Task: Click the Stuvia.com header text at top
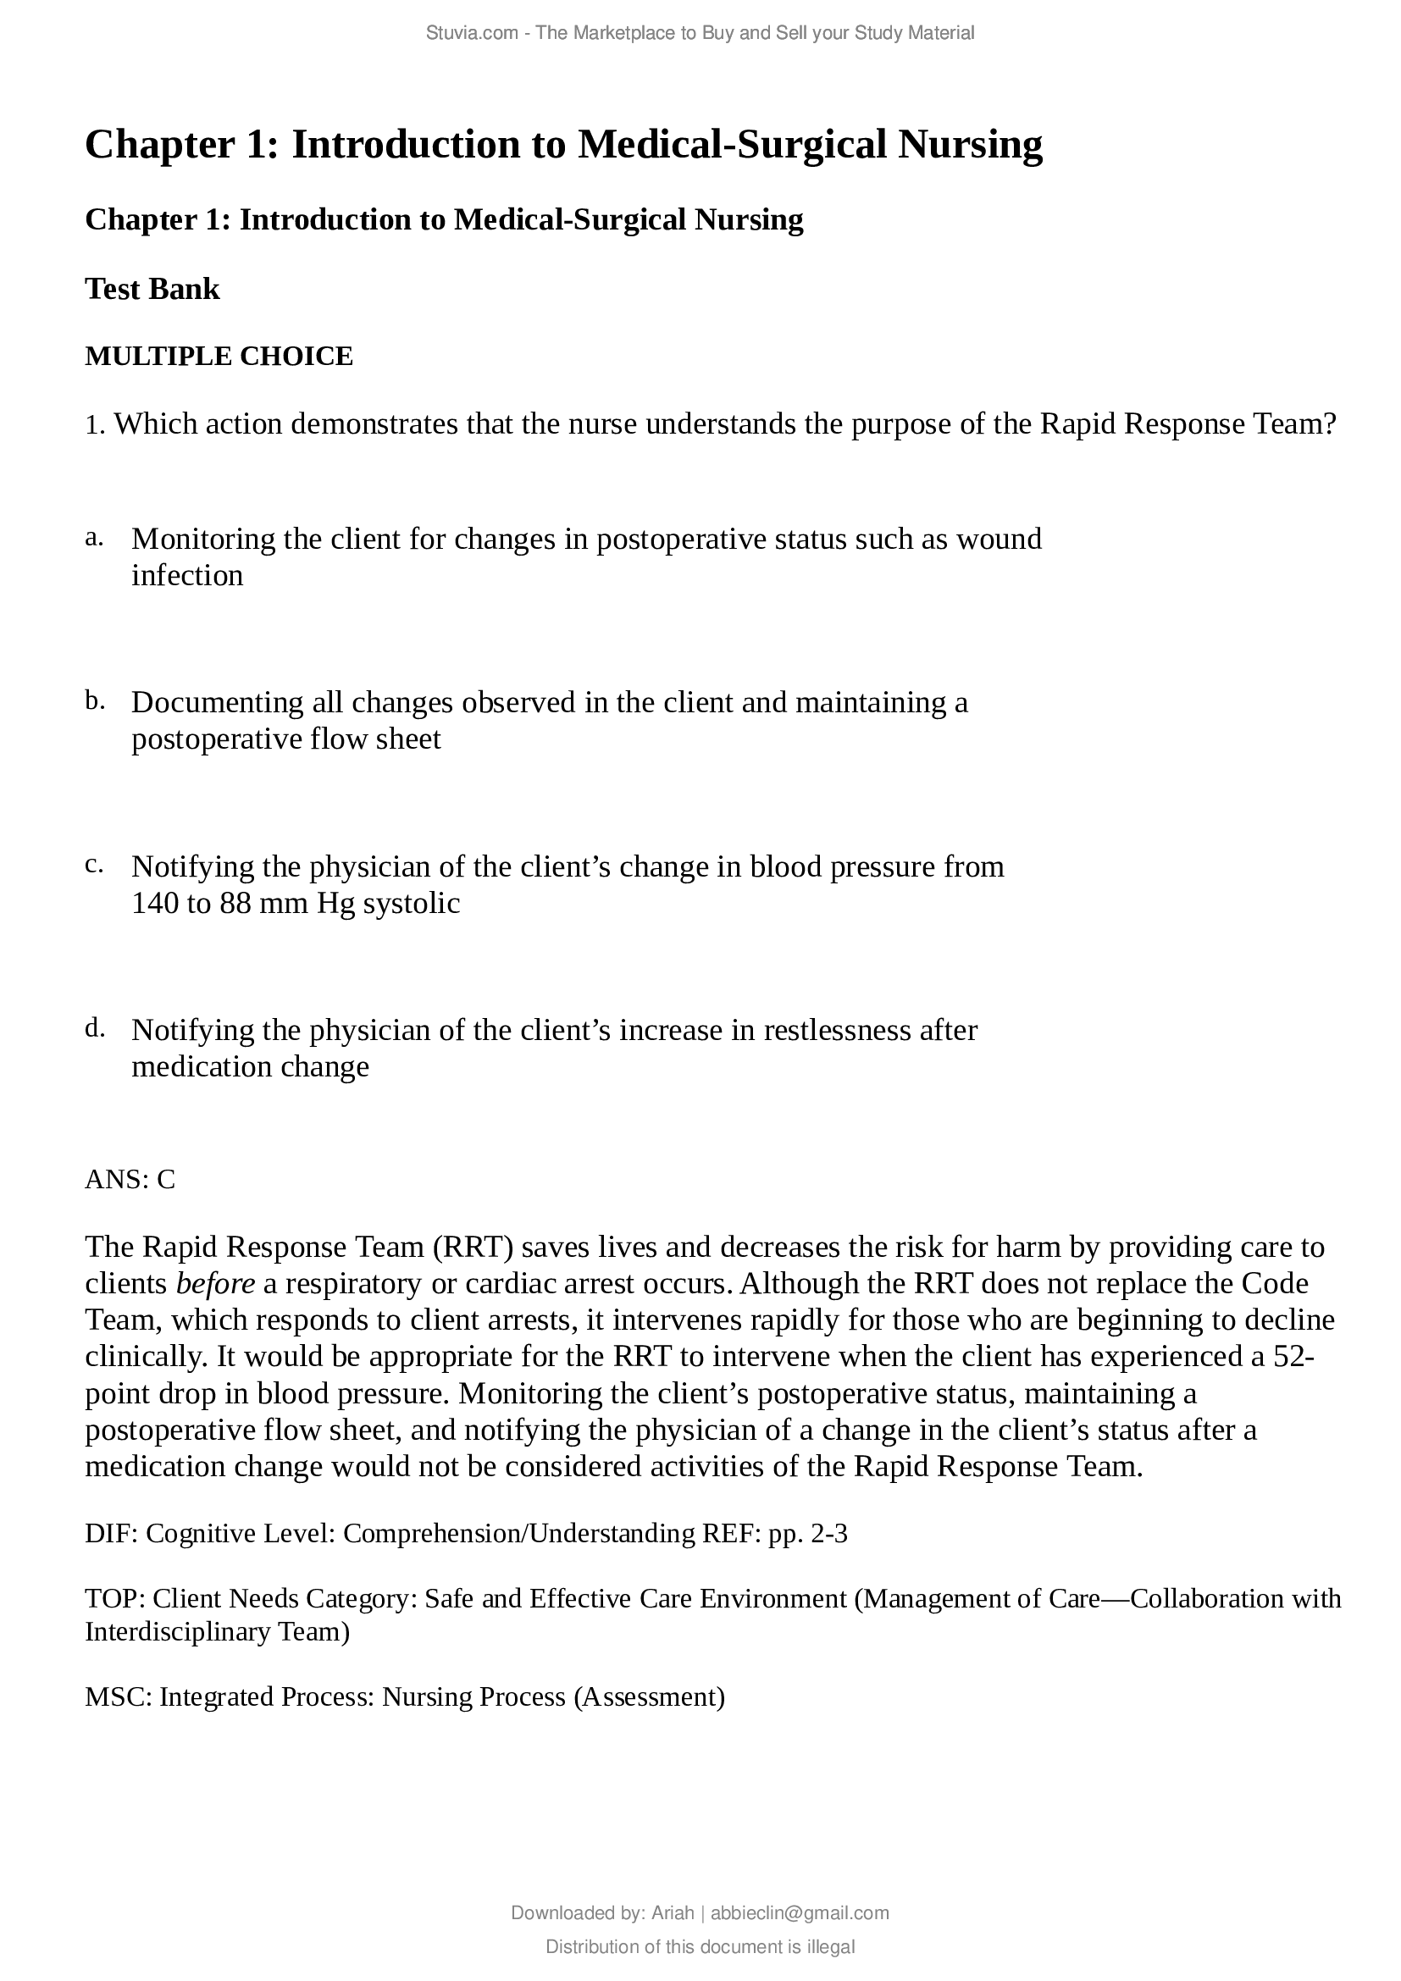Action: coord(700,34)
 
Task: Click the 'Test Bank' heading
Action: coord(152,290)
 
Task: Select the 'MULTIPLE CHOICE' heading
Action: coord(219,357)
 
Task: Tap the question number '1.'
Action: coord(95,425)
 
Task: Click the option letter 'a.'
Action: coord(94,538)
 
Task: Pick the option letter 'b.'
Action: coord(95,701)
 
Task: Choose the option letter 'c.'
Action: coord(94,865)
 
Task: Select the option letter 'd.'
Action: coord(95,1028)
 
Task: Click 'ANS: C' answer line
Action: coord(130,1180)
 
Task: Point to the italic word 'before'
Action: coord(215,1284)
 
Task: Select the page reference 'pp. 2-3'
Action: coord(807,1534)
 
